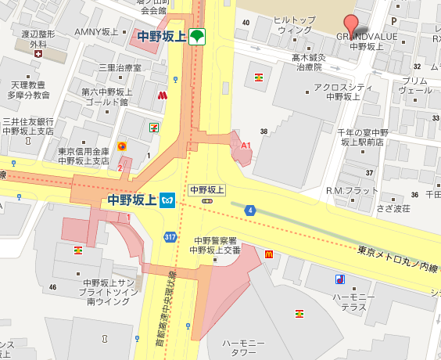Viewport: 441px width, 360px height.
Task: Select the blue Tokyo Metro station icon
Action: point(167,200)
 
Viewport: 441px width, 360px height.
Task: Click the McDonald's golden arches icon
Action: point(268,254)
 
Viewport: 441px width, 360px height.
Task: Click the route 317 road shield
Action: point(170,236)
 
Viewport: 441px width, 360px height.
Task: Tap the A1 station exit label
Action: point(246,146)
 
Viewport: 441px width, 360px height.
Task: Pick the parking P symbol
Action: point(393,22)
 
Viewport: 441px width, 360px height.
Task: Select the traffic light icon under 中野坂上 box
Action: point(207,201)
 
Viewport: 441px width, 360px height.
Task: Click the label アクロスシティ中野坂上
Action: point(335,92)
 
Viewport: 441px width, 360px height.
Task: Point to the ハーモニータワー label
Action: point(244,348)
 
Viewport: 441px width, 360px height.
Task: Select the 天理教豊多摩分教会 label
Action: point(30,89)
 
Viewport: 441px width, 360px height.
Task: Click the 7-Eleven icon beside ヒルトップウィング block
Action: point(258,77)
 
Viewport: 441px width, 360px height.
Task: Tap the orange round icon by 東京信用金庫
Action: point(121,146)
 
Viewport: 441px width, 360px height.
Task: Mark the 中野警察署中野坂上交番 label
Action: point(214,246)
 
